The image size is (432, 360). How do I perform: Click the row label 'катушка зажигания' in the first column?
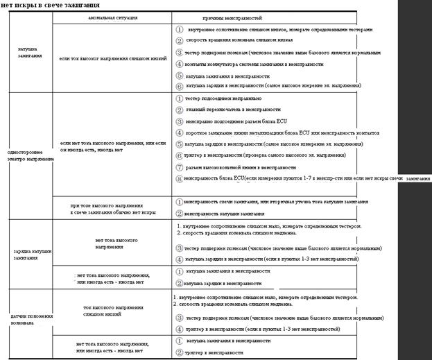[30, 53]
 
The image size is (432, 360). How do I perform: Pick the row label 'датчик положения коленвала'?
[28, 318]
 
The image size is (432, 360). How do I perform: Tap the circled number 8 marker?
[179, 178]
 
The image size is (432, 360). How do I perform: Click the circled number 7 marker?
[179, 167]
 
